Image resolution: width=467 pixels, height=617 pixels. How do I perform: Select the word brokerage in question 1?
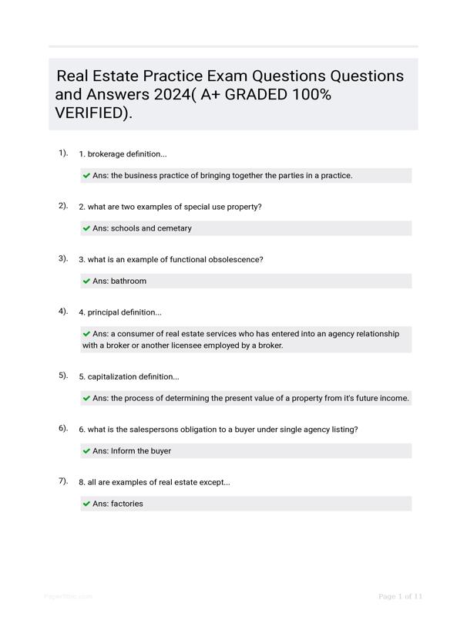point(109,154)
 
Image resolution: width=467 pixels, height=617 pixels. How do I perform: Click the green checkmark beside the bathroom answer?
point(86,282)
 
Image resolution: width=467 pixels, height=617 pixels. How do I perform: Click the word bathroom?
point(129,282)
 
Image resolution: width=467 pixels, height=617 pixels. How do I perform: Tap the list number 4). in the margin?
point(63,312)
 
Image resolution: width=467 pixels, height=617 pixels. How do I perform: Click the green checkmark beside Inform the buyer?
point(86,451)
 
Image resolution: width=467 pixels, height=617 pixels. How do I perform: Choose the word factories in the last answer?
point(129,504)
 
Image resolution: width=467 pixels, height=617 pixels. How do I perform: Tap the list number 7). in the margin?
point(63,481)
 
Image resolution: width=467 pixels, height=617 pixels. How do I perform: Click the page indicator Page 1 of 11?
point(401,596)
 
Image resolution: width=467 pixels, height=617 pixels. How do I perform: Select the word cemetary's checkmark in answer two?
point(86,228)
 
